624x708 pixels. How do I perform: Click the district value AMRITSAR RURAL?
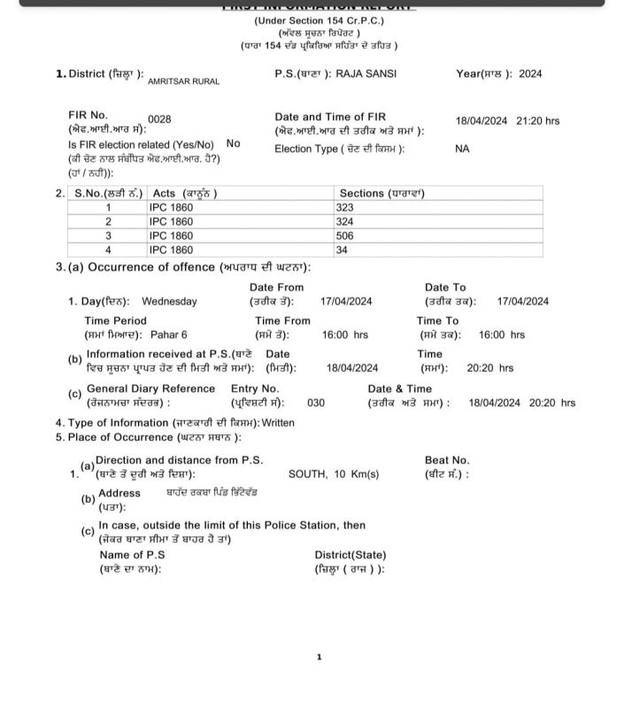[183, 81]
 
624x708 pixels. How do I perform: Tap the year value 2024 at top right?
[530, 74]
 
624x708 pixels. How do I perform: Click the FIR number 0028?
[159, 119]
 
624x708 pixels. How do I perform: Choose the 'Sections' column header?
[381, 193]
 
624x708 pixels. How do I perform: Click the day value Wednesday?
[169, 302]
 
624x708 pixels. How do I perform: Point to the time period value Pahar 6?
[165, 335]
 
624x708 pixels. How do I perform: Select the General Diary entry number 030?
[316, 403]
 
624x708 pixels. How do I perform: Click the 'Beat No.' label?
[447, 460]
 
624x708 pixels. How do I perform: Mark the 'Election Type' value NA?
[462, 149]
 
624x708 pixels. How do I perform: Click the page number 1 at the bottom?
[319, 657]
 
